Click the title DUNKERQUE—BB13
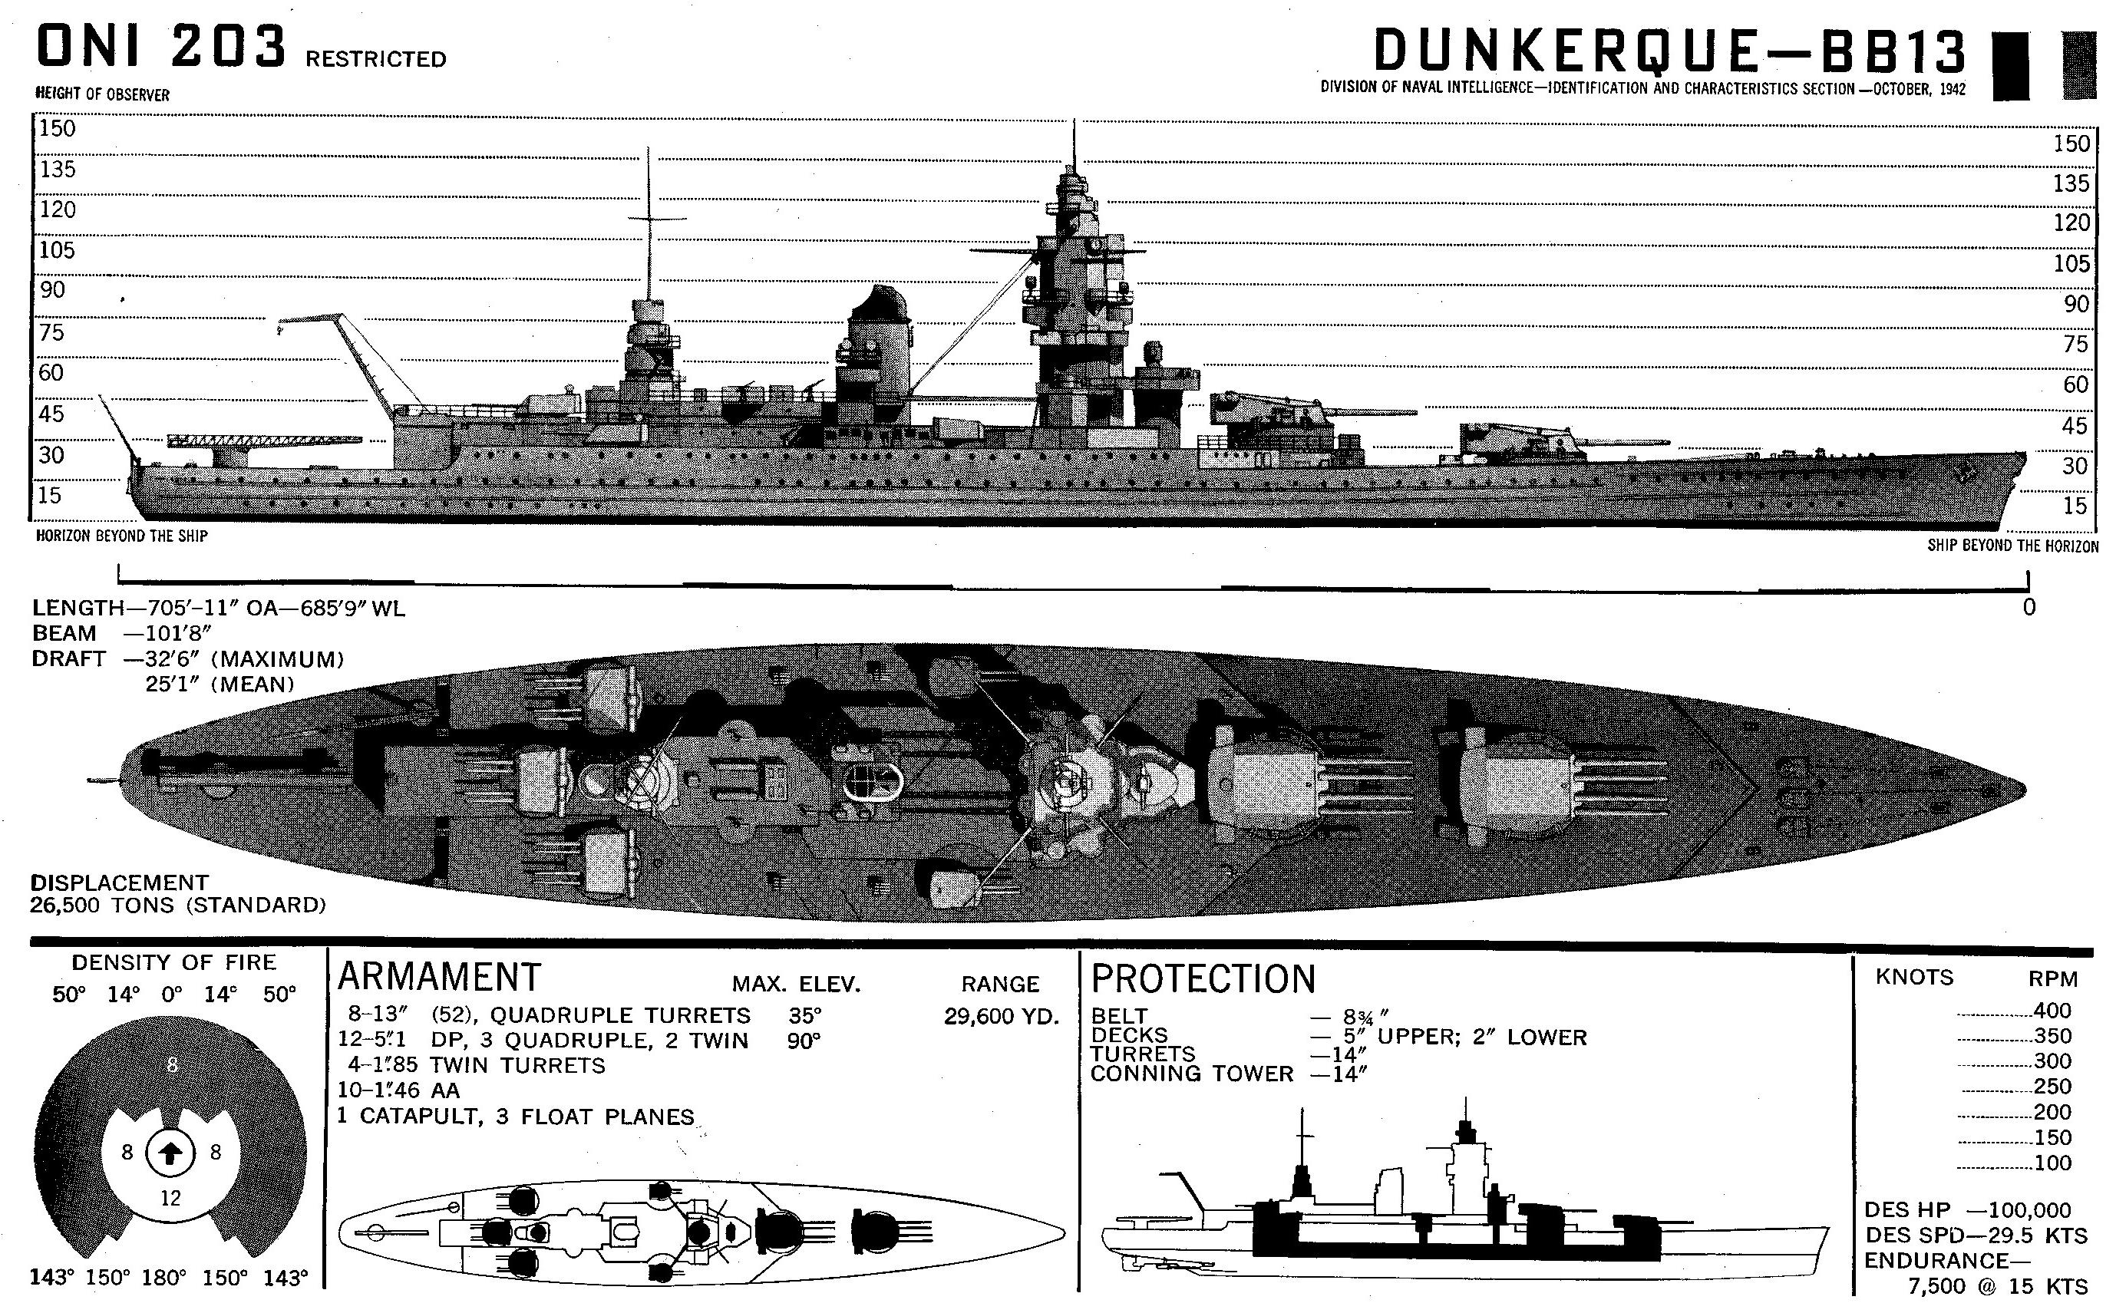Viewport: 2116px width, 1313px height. [x=1669, y=51]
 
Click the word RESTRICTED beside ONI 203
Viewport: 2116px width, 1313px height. [x=375, y=59]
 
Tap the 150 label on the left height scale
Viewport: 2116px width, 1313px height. [x=58, y=128]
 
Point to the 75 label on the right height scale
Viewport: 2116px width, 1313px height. [x=2075, y=344]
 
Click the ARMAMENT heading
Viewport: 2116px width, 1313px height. [x=438, y=977]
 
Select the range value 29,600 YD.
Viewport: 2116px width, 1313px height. [x=1001, y=1016]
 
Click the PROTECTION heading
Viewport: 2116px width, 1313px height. [x=1203, y=978]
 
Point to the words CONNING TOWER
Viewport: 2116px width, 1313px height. [x=1191, y=1074]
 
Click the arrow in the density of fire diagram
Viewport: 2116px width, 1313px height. [x=171, y=1153]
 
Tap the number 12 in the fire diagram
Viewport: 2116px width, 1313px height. [x=171, y=1199]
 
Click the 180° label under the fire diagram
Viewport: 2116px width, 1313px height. [x=163, y=1278]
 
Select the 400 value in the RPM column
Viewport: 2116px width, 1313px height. [x=2052, y=1011]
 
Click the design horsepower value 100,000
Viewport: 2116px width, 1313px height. [x=2028, y=1209]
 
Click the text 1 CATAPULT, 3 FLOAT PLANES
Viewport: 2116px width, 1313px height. [x=516, y=1116]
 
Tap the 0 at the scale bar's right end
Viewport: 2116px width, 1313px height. [x=2029, y=607]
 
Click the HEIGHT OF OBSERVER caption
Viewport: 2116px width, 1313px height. [x=102, y=94]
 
